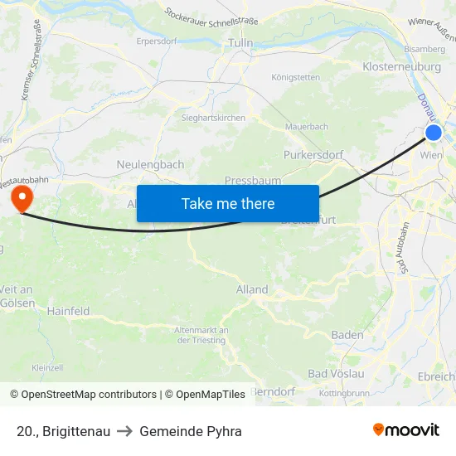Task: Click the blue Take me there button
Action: tap(227, 203)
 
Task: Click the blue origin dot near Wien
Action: tap(434, 133)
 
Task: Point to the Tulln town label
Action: tap(240, 42)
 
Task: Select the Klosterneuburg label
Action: tap(401, 67)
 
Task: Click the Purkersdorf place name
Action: tap(313, 155)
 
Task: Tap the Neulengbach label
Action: tap(151, 165)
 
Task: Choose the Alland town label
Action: tap(252, 289)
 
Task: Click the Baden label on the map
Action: tap(347, 335)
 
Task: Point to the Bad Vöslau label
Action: tap(336, 374)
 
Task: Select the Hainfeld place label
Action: tap(69, 311)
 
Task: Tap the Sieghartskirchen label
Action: tap(213, 118)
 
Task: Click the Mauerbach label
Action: tap(306, 127)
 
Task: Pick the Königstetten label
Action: tap(295, 78)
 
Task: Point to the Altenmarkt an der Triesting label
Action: tap(201, 335)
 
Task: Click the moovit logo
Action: tap(406, 430)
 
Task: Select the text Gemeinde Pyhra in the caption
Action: tap(191, 431)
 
